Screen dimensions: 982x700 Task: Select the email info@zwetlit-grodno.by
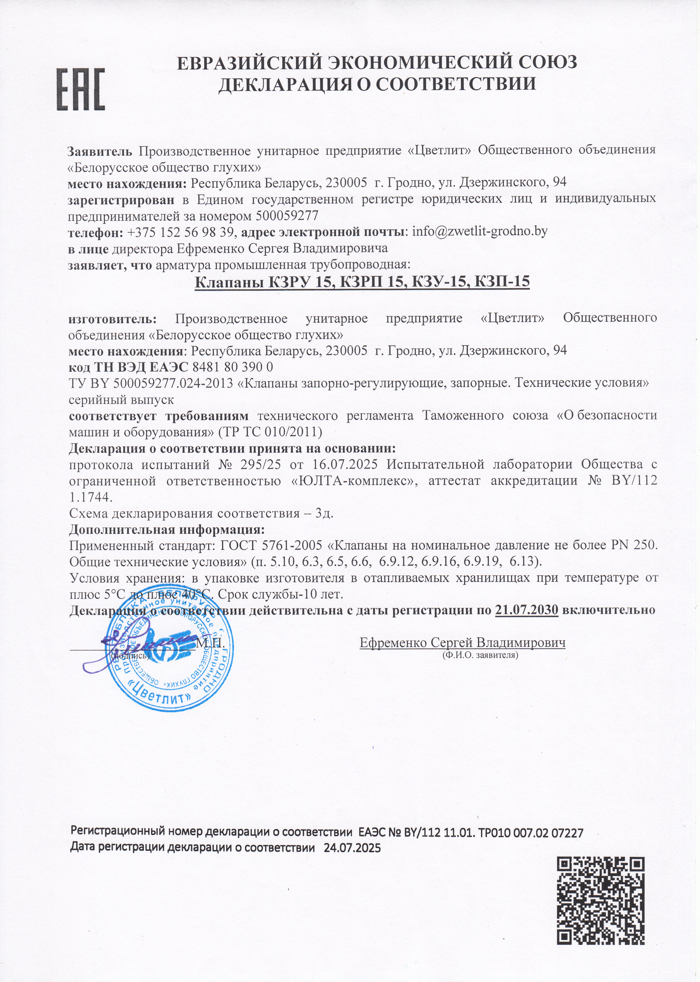point(480,231)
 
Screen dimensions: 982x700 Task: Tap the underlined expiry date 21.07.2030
point(527,610)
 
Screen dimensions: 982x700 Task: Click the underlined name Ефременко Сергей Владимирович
point(462,642)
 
